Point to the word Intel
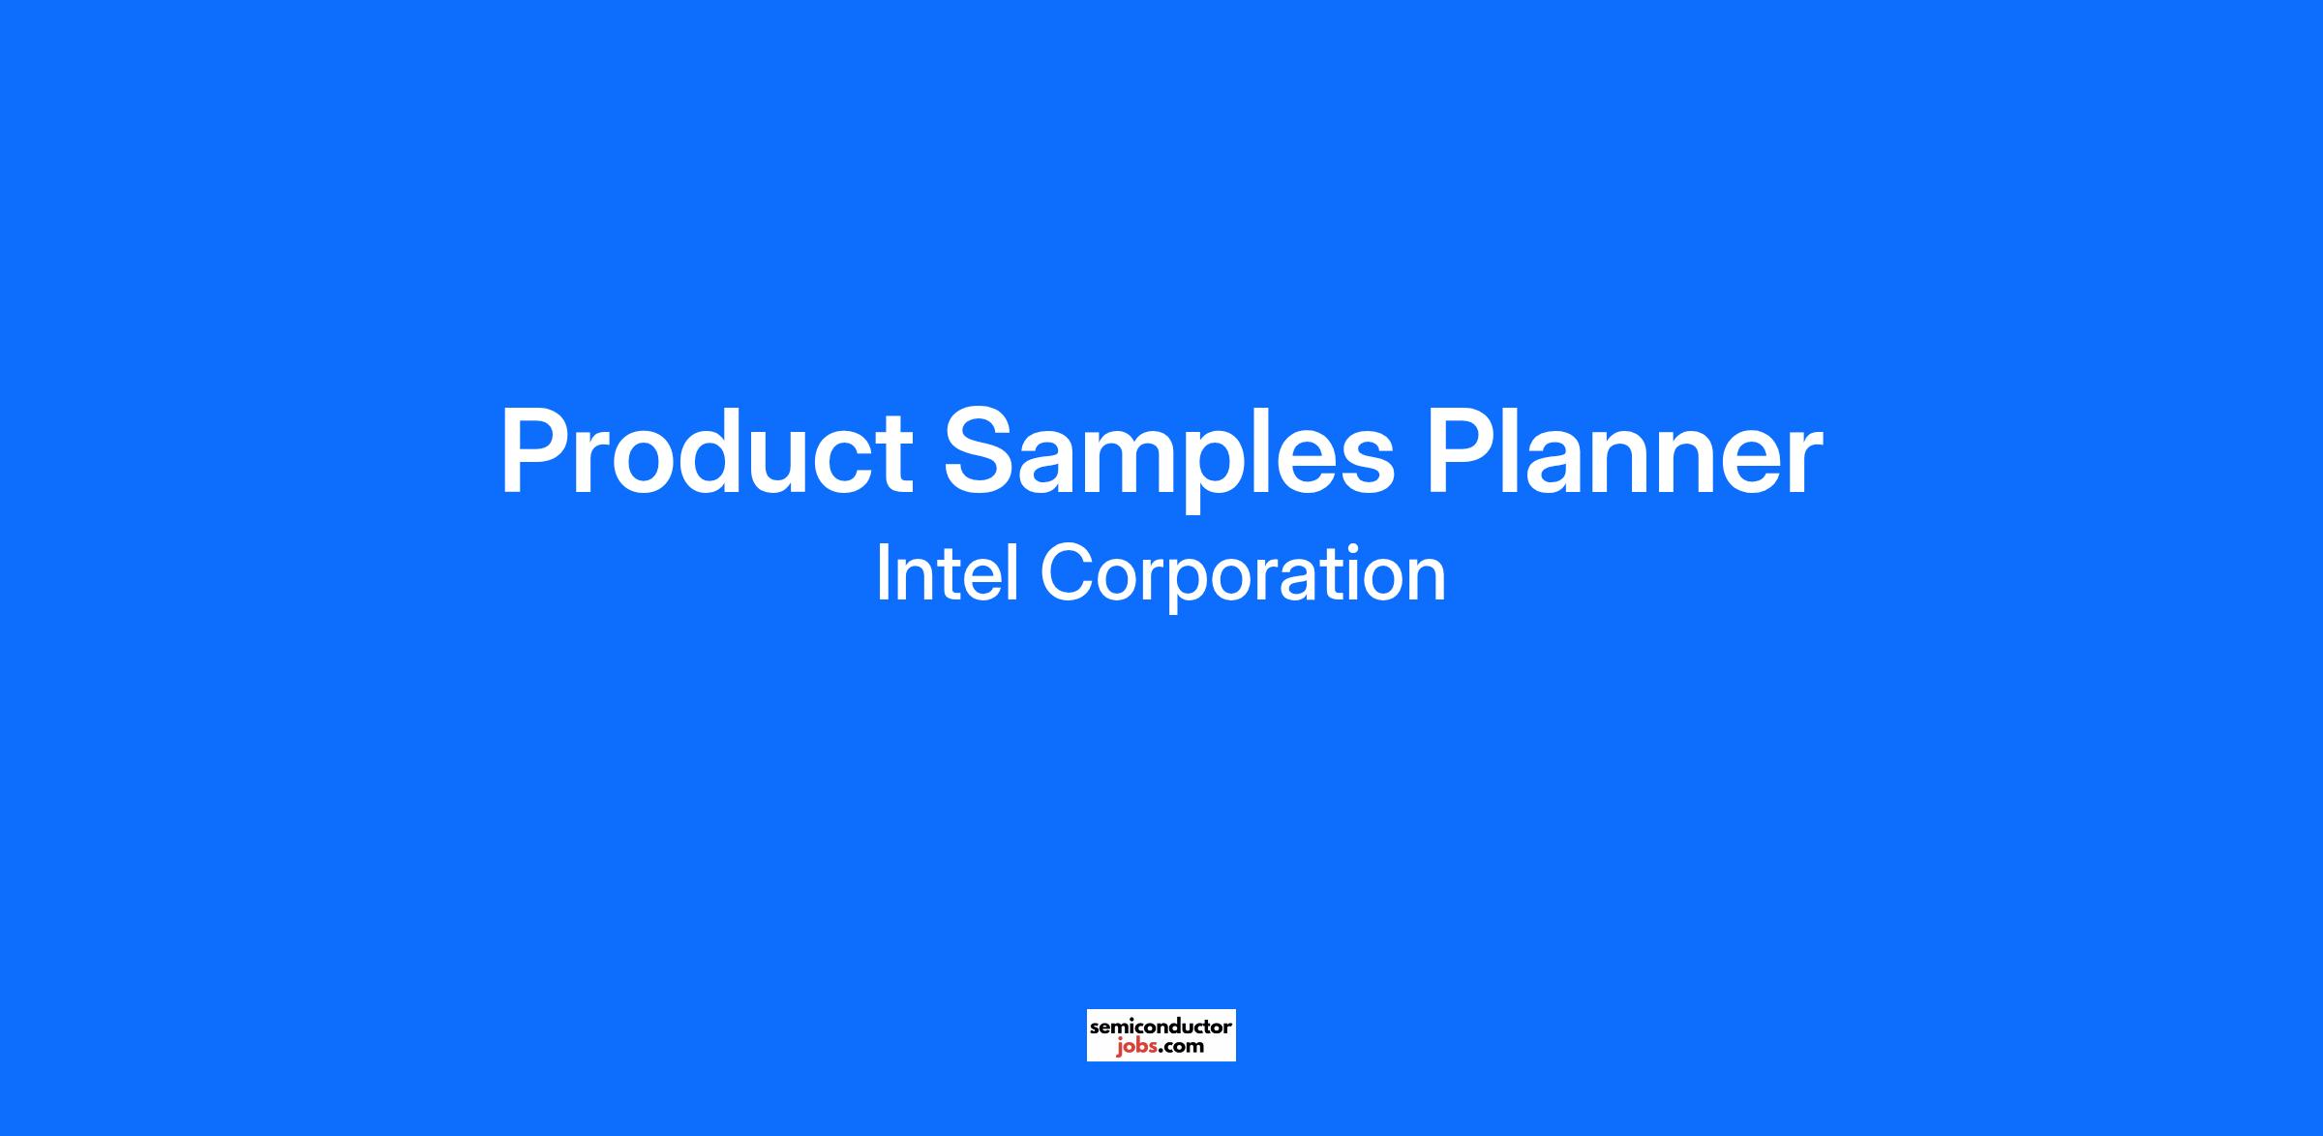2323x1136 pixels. pos(947,573)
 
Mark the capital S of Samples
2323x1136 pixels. pos(980,452)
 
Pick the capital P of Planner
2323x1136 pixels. pos(1463,452)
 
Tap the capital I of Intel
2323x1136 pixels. pos(882,573)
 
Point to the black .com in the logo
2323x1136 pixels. pos(1181,1048)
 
